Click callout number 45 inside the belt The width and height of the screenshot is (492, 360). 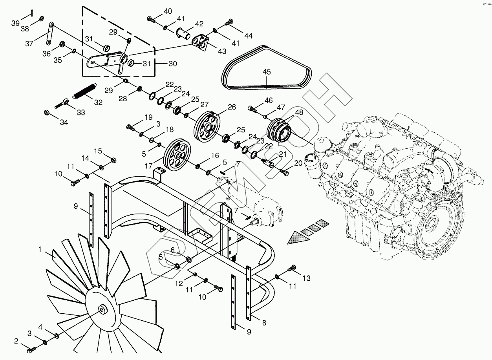coord(267,72)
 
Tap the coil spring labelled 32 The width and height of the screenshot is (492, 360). coord(84,91)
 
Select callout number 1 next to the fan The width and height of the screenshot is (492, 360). coord(40,249)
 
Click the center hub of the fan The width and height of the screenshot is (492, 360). coord(102,310)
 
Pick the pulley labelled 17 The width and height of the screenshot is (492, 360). coord(177,156)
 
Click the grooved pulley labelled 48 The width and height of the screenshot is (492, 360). coord(279,130)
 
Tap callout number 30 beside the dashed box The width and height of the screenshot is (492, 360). coord(173,64)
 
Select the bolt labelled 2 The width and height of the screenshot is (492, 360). coord(31,350)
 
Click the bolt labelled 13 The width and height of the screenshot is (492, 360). coord(292,268)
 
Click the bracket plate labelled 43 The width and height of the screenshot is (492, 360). coord(200,42)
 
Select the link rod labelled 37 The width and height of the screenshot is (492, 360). coord(50,33)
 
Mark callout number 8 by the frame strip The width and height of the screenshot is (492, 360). coord(264,323)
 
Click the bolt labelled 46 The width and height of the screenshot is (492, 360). coord(252,109)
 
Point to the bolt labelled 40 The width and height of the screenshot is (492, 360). coord(151,19)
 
